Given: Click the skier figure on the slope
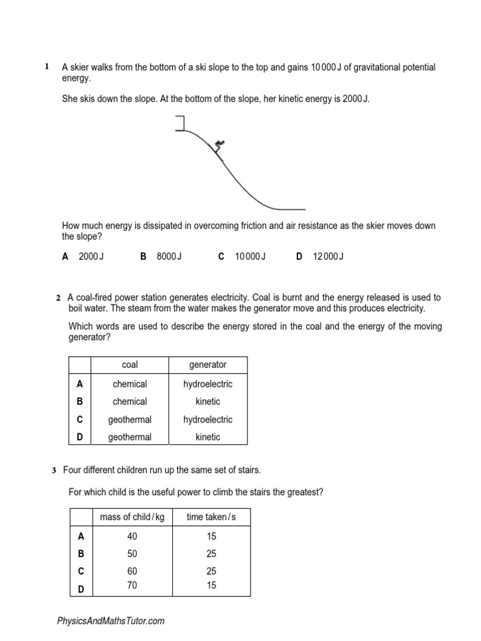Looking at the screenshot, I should (218, 147).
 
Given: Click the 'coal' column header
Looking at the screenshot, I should (130, 365).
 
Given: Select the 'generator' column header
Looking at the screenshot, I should (207, 365).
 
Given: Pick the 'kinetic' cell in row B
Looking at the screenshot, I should (207, 401).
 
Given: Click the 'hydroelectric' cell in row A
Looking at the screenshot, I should (207, 384).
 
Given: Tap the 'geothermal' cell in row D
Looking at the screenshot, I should (130, 437).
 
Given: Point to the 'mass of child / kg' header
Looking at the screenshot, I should (132, 516).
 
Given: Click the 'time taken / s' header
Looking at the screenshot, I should (211, 516).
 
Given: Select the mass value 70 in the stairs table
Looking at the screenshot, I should (132, 585).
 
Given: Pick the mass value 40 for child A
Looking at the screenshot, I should (132, 536).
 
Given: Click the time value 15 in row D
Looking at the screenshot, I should (211, 585).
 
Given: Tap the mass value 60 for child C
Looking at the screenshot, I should (132, 571).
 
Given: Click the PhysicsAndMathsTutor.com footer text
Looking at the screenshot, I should (111, 621).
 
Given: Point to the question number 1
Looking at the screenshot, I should (47, 66).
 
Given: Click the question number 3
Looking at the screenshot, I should (54, 469).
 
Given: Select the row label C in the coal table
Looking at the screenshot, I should (80, 419).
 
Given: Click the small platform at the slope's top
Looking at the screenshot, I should (181, 124).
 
